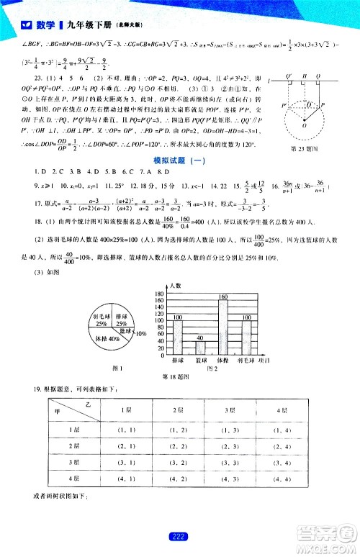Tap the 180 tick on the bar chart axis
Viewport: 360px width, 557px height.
point(158,294)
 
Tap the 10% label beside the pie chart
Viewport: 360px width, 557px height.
point(142,334)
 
